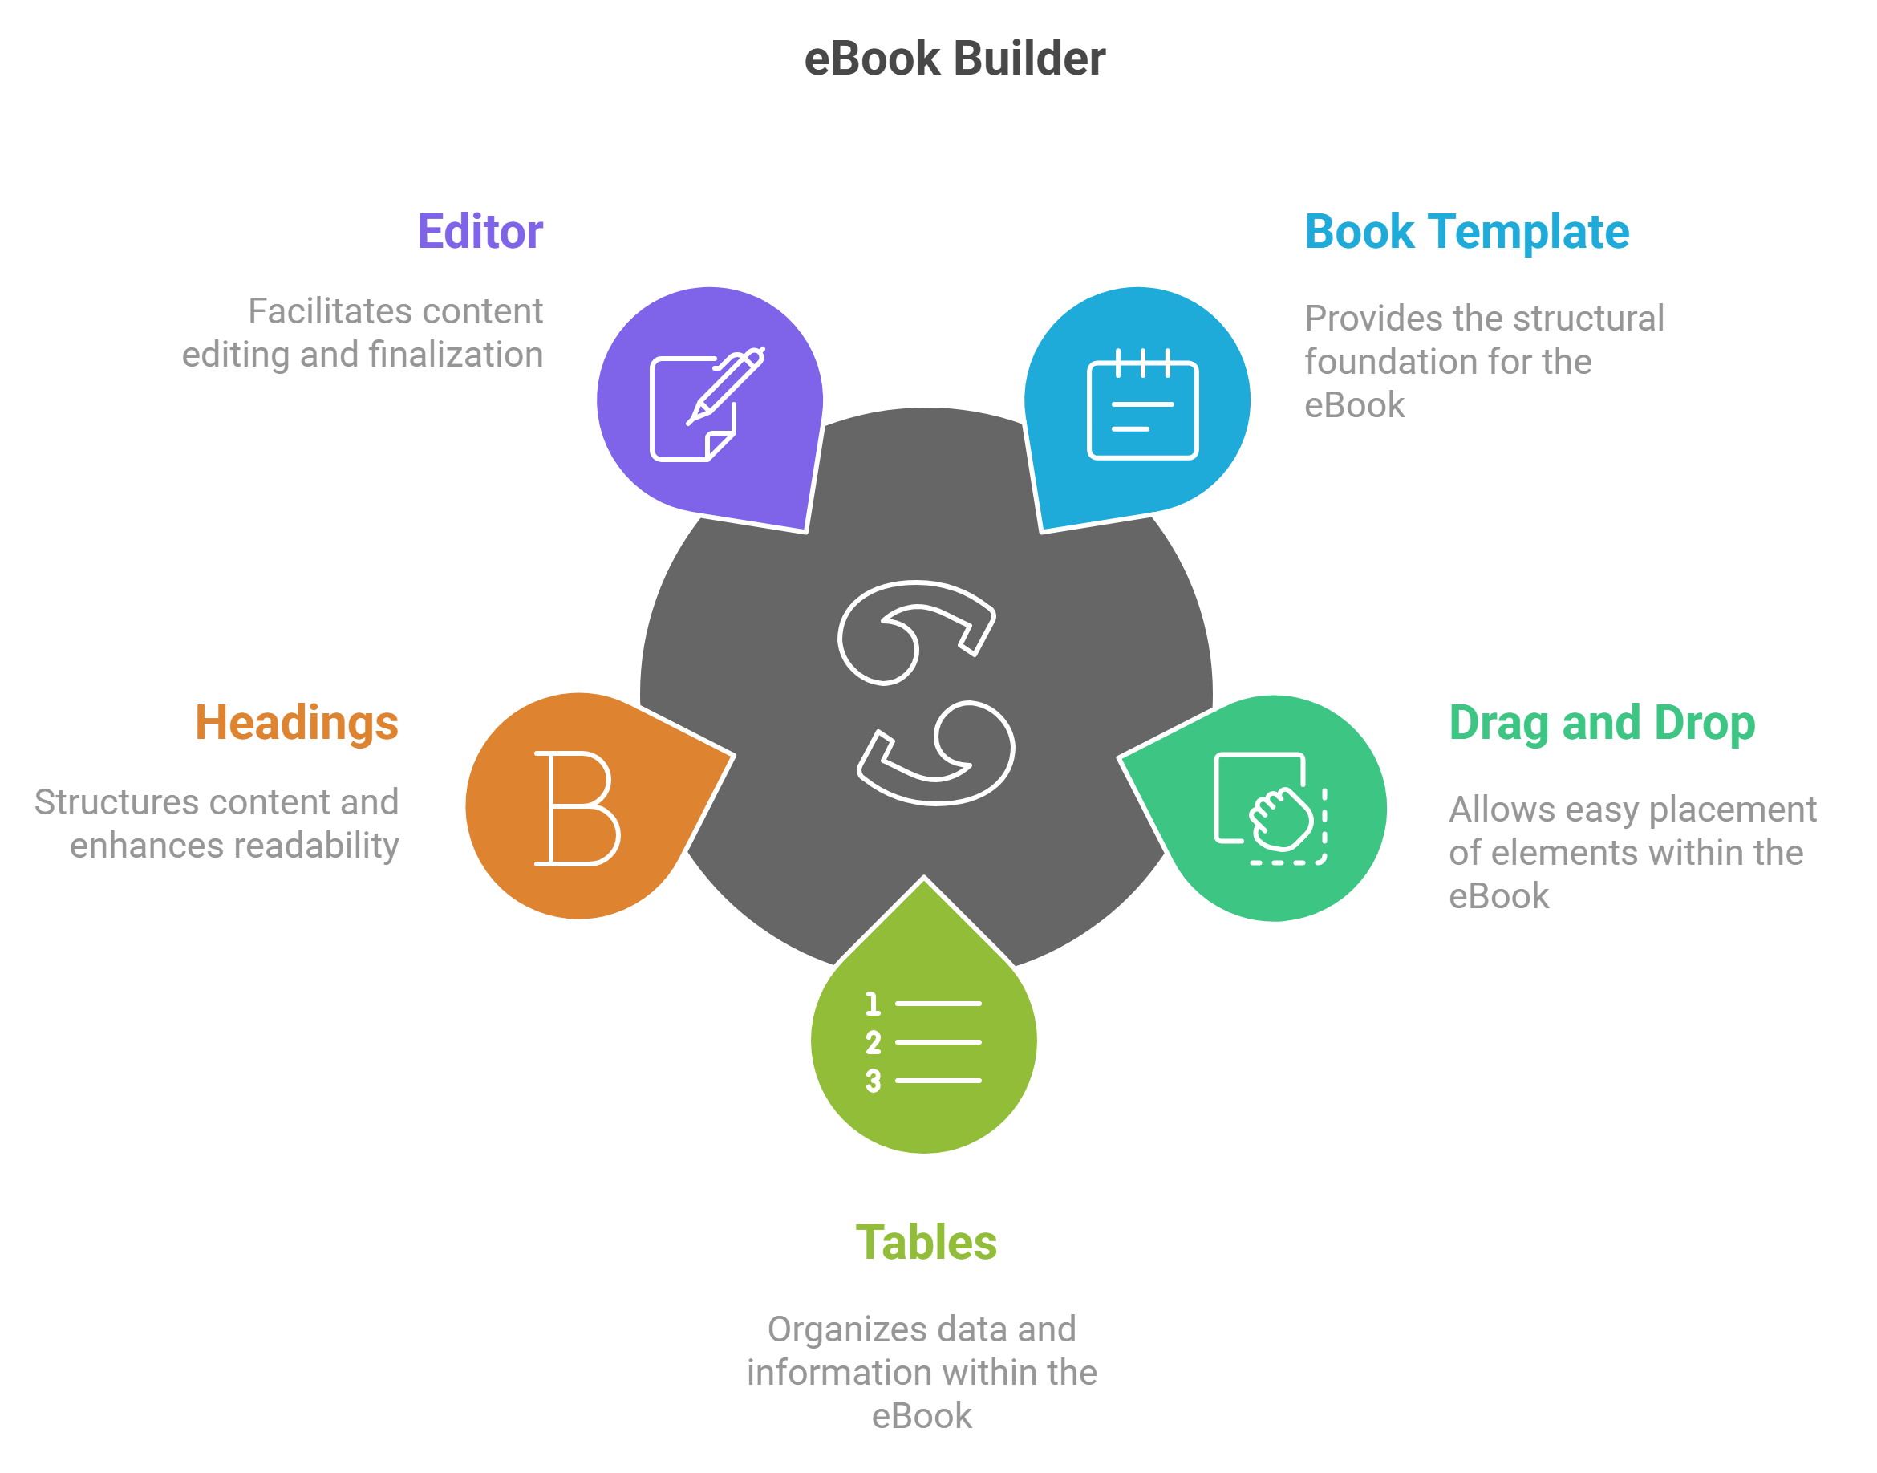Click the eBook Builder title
[x=954, y=59]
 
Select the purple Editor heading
[x=480, y=232]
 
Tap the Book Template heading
[x=1466, y=232]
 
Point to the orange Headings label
[x=297, y=723]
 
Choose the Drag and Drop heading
[x=1601, y=723]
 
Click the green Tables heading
[x=926, y=1243]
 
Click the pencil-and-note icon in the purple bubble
[x=706, y=404]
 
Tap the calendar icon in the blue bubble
[x=1142, y=404]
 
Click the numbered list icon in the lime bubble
[x=923, y=1042]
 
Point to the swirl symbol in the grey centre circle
[x=926, y=692]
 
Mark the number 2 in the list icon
[x=874, y=1043]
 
